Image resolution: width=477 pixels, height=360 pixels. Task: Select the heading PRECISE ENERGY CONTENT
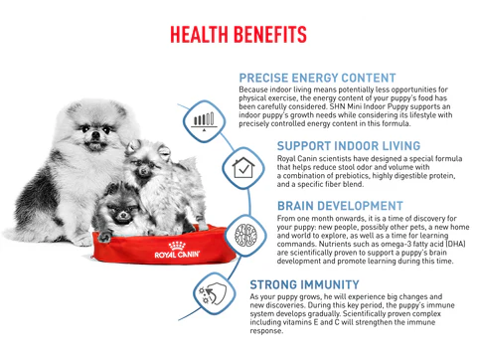coord(318,78)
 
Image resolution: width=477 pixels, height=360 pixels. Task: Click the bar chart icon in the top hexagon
coord(205,121)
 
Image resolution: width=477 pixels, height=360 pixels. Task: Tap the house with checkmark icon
coord(243,167)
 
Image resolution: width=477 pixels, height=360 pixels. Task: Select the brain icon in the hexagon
coord(244,236)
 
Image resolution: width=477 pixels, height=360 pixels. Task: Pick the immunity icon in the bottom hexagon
coord(213,294)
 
